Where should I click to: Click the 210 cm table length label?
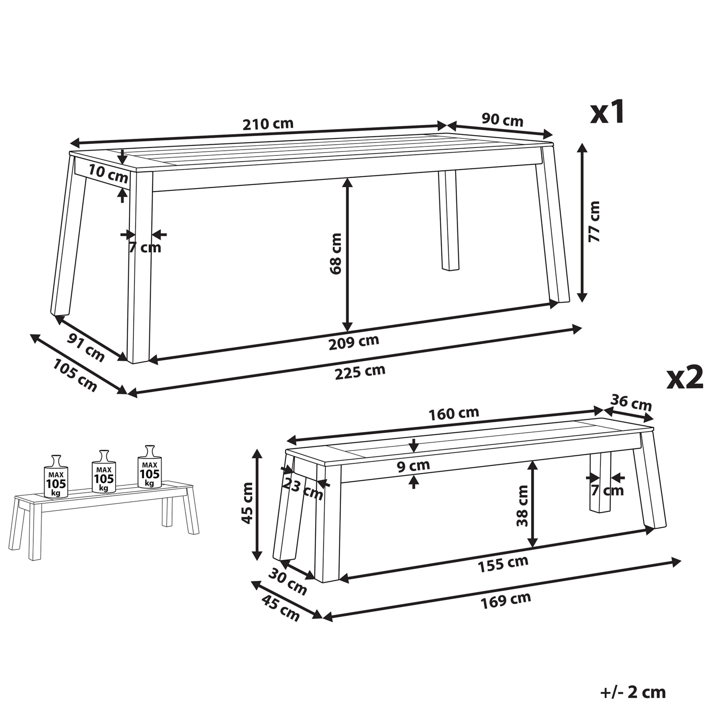[x=268, y=124]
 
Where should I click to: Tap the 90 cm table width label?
[x=502, y=120]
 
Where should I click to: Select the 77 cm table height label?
[x=594, y=221]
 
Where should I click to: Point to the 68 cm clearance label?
[x=335, y=253]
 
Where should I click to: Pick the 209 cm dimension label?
[x=353, y=342]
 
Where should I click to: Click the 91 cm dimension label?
[x=86, y=347]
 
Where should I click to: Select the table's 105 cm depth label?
[x=75, y=375]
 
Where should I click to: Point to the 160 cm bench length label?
[x=454, y=414]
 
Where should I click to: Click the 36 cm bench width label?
[x=631, y=403]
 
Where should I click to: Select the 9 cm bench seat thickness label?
[x=413, y=466]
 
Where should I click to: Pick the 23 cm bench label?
[x=303, y=488]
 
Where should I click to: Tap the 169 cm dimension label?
[x=506, y=600]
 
